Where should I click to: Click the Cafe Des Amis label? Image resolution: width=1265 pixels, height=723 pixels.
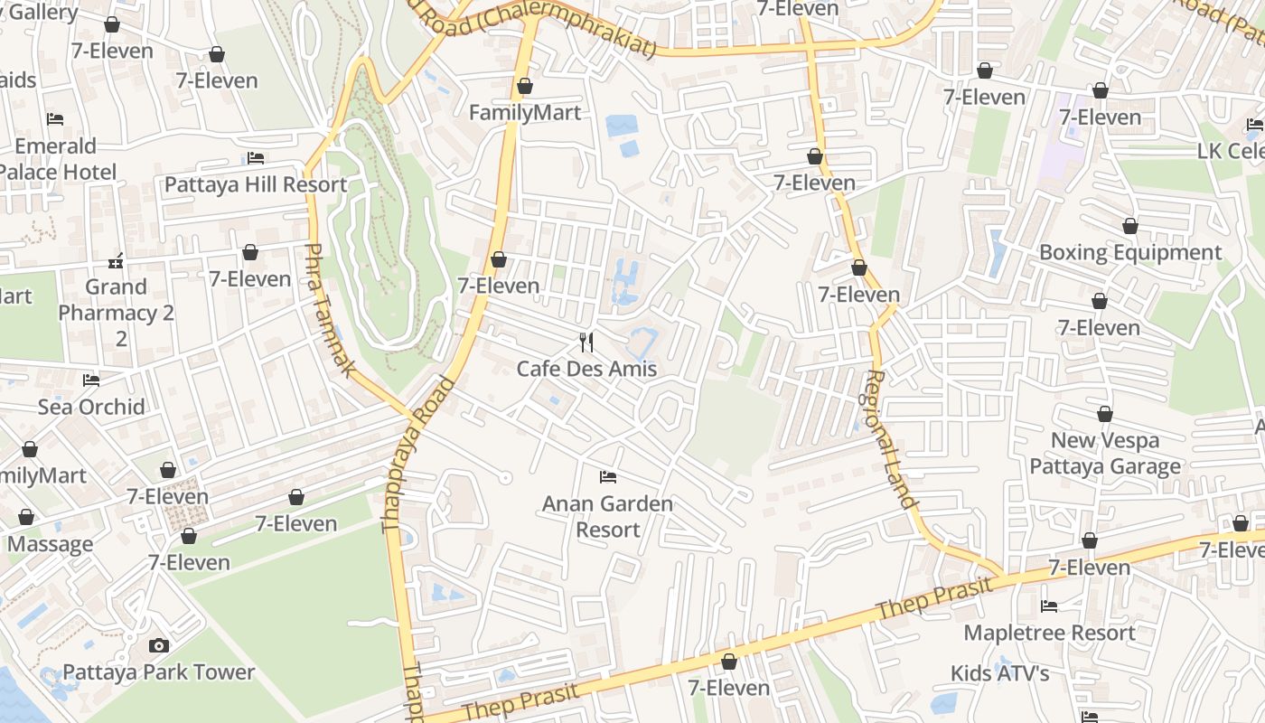click(586, 369)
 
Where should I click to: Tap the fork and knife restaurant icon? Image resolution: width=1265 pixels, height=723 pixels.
click(586, 342)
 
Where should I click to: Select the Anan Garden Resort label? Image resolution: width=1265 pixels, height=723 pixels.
click(607, 516)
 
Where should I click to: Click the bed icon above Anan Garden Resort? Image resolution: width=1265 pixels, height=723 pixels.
click(608, 476)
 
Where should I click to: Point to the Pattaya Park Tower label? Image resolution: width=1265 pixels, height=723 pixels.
click(158, 672)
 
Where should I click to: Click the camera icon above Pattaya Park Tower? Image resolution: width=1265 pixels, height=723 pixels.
click(159, 645)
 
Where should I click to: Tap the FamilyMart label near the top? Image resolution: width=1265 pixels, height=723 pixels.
click(525, 113)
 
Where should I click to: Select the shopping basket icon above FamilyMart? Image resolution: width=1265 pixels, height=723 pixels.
click(525, 86)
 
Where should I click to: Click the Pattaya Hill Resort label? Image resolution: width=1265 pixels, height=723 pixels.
click(256, 184)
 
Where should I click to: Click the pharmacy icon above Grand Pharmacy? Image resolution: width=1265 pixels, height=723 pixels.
click(116, 261)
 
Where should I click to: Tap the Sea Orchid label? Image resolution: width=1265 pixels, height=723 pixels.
click(91, 407)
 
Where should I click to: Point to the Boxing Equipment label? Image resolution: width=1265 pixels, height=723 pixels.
click(1130, 252)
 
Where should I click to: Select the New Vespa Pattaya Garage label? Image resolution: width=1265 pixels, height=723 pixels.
click(1105, 453)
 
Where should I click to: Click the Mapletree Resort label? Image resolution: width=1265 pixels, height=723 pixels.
click(1049, 633)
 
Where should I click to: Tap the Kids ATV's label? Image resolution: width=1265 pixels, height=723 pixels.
click(999, 673)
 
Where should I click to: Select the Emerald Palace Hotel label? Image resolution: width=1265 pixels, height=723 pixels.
click(57, 159)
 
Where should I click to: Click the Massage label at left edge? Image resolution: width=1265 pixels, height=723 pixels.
click(50, 544)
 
